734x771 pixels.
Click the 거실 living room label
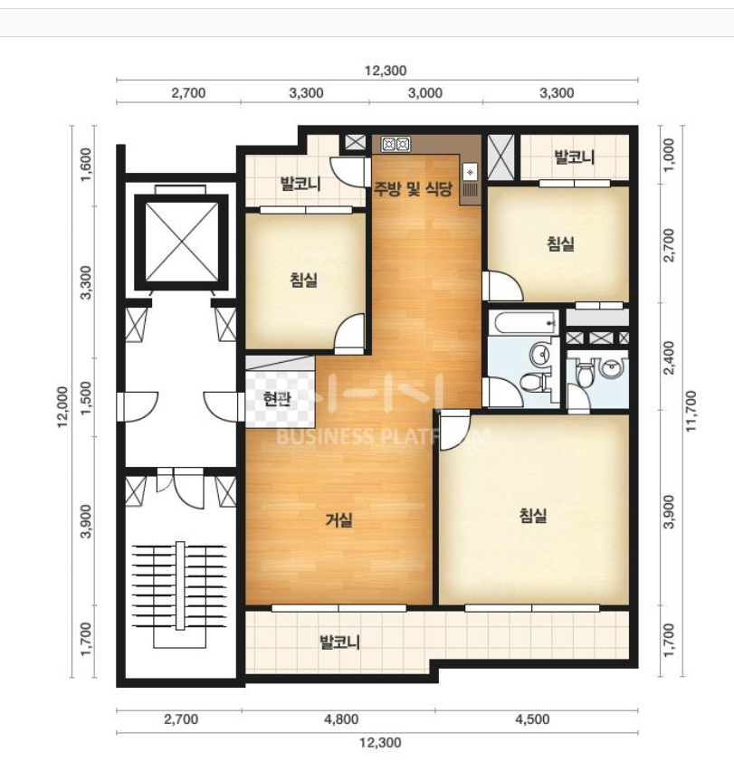[338, 519]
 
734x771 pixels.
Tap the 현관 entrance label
[276, 399]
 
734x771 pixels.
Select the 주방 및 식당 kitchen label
[413, 188]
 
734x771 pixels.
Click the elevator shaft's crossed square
[182, 242]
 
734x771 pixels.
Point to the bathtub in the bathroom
[524, 323]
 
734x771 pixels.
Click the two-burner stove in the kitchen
[396, 144]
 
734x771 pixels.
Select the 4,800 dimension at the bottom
[341, 719]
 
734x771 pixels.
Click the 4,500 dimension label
[532, 719]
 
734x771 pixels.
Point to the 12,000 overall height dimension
[62, 406]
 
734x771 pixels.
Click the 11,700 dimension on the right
[691, 411]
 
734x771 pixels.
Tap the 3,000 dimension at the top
[425, 93]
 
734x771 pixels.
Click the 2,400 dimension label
[669, 357]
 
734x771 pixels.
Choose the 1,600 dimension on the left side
[86, 165]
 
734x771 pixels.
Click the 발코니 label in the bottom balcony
[340, 642]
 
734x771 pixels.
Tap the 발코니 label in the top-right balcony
[574, 157]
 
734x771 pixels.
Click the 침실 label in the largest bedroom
[533, 515]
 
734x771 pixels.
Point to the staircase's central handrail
[180, 585]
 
